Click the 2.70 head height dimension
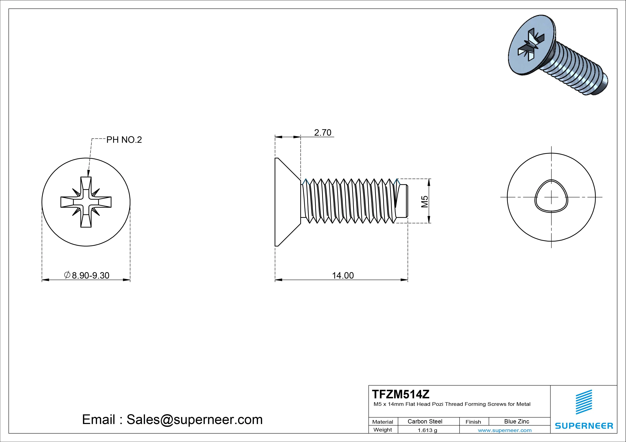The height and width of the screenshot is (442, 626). pos(322,133)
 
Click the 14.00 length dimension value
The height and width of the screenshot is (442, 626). pos(343,276)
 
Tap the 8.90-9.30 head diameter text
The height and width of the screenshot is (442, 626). pos(90,276)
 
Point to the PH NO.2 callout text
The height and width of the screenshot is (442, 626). pos(124,140)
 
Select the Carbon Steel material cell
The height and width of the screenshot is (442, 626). pos(425,422)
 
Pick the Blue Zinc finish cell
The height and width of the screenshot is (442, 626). pos(516,422)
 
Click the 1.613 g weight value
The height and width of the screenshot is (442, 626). pos(427,430)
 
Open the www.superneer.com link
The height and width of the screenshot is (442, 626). pos(504,430)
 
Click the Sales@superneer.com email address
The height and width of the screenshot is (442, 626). pos(194,420)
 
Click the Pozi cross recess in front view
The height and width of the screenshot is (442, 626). pos(86,202)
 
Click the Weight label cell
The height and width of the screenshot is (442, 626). pos(383,430)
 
